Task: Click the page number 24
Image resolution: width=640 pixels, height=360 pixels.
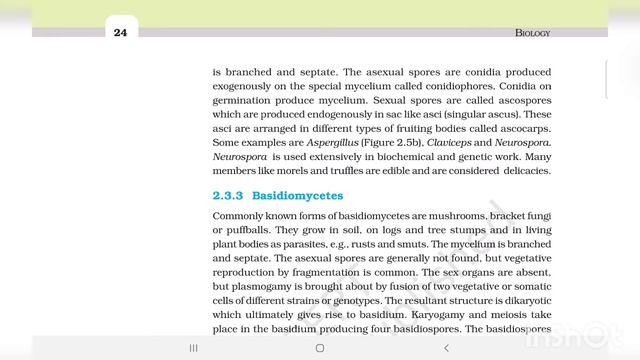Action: click(120, 33)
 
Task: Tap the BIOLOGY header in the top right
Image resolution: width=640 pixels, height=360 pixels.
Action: click(532, 33)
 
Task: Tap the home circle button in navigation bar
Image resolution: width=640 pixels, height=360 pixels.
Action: click(320, 347)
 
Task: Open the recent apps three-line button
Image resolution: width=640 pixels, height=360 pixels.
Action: click(193, 347)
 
